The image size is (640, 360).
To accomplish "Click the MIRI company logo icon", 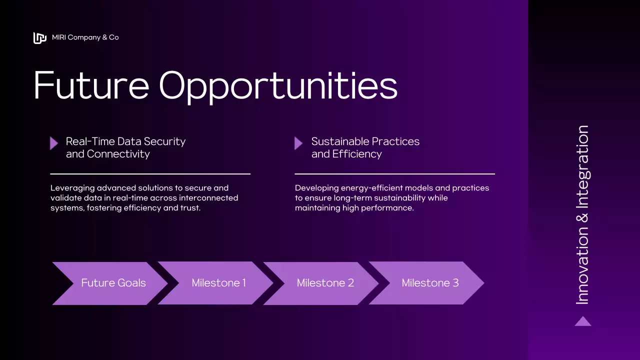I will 39,38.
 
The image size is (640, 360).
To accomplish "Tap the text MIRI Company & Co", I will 85,37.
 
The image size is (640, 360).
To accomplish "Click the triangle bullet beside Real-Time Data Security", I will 54,143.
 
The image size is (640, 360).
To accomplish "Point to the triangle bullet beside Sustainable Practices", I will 298,143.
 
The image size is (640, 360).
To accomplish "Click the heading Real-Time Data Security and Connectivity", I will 125,147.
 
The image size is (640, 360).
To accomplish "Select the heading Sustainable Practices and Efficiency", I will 365,147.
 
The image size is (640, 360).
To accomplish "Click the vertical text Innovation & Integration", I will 582,215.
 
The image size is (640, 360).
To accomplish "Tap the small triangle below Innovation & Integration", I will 583,321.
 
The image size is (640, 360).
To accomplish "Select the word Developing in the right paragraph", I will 316,188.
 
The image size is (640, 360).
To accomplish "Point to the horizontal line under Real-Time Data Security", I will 150,174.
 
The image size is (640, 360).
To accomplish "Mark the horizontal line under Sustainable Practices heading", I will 394,174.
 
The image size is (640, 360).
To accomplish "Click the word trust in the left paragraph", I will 190,207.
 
